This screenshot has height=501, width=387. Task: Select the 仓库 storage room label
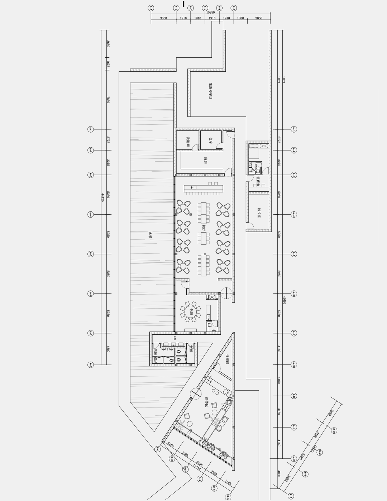pos(211,141)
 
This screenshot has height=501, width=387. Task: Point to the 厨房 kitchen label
pos(205,161)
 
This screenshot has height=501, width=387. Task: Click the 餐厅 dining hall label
pos(203,227)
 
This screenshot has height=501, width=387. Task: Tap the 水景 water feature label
pos(150,235)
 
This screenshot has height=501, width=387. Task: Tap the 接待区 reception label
pos(207,402)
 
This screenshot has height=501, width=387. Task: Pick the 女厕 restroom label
pos(191,348)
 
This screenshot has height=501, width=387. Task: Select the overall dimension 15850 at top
pos(210,12)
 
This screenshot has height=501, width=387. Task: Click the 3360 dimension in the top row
pos(163,18)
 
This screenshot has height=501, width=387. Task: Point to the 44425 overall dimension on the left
pos(102,197)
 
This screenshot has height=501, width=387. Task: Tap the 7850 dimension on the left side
pos(108,100)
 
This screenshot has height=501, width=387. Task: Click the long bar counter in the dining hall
pos(203,188)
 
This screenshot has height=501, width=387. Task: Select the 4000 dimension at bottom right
pos(279,473)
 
